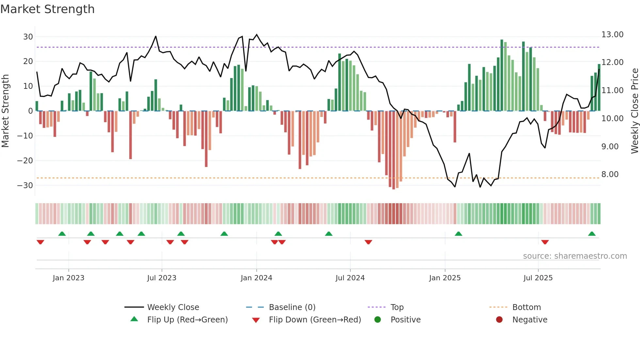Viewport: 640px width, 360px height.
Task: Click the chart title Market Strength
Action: (x=47, y=9)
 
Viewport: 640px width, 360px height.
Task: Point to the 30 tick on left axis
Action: (x=28, y=37)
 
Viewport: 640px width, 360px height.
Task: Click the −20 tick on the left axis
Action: (x=25, y=160)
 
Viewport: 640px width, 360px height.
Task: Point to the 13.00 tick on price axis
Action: (x=612, y=35)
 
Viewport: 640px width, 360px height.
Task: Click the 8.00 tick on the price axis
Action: (x=610, y=174)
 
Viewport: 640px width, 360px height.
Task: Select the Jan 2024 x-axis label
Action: (x=256, y=278)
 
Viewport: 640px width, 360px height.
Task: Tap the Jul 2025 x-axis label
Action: (x=538, y=278)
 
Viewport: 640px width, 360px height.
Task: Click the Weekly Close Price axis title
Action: (x=634, y=111)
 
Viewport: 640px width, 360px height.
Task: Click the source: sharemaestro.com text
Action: (x=575, y=256)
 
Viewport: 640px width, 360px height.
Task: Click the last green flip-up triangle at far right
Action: (x=592, y=234)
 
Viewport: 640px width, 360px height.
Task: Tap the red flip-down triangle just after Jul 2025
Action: (x=545, y=242)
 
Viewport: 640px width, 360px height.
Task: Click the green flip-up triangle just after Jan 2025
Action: (x=458, y=234)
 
